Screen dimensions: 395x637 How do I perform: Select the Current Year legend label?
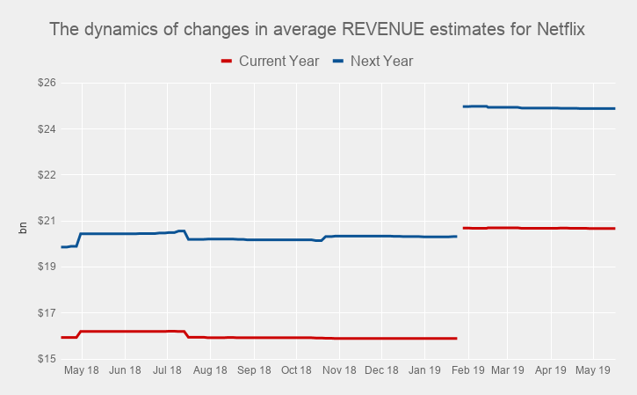click(279, 62)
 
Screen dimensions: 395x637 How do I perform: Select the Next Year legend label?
click(381, 62)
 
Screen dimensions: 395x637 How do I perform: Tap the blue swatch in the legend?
click(337, 62)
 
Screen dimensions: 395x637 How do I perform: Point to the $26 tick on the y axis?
click(46, 83)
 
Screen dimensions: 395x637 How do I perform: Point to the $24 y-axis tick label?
click(46, 129)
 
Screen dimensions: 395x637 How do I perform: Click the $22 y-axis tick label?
click(46, 175)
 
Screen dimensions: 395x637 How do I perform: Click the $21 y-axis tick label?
click(46, 221)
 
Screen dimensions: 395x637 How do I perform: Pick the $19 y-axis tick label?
click(46, 267)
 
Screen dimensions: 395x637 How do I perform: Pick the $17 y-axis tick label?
click(46, 313)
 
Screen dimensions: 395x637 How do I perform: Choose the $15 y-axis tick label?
click(46, 359)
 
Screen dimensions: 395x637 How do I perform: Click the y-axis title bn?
click(24, 228)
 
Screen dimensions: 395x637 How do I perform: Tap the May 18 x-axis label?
click(82, 371)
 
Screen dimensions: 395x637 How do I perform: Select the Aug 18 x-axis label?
click(210, 371)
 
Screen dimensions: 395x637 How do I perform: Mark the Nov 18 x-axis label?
click(338, 371)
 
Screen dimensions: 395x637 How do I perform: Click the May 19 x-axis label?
click(593, 371)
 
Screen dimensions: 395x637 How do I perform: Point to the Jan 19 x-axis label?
click(424, 371)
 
